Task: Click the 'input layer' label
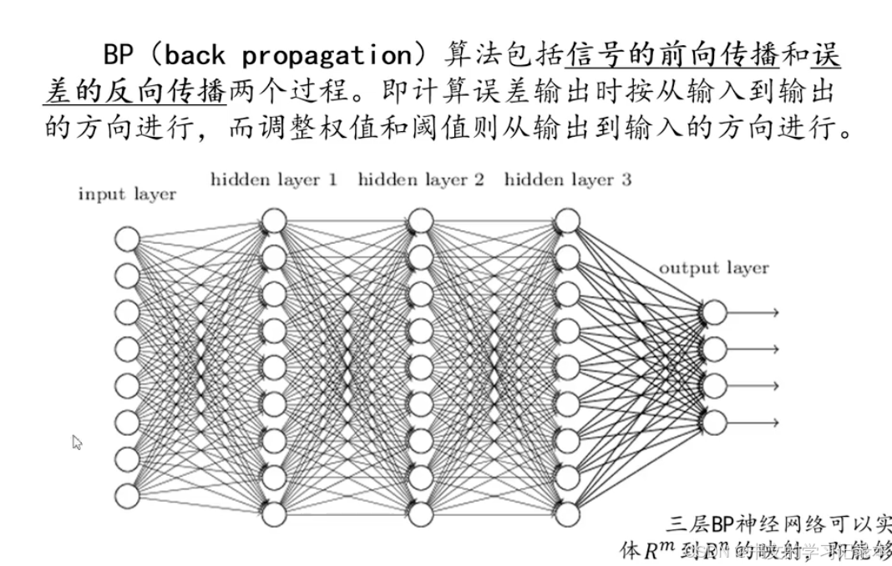127,195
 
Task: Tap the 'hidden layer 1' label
274,179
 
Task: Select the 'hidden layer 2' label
421,179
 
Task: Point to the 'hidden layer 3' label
568,179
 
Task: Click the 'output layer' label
713,268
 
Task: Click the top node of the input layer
127,238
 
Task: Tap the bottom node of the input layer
127,496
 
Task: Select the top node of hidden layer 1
274,221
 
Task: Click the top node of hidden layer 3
567,221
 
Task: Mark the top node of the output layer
713,312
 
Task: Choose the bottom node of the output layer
713,422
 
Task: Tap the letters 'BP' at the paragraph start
121,56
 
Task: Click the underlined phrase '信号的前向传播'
672,56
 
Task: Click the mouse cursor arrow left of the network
77,442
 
